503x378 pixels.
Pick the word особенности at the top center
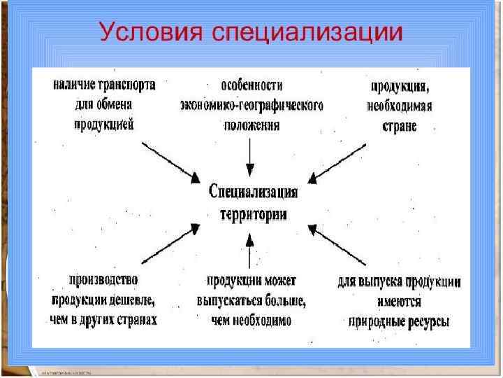click(251, 85)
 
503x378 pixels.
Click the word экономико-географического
click(251, 106)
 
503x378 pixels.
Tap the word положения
click(251, 126)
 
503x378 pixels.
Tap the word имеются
click(400, 302)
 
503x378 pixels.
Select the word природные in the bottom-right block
click(377, 322)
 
